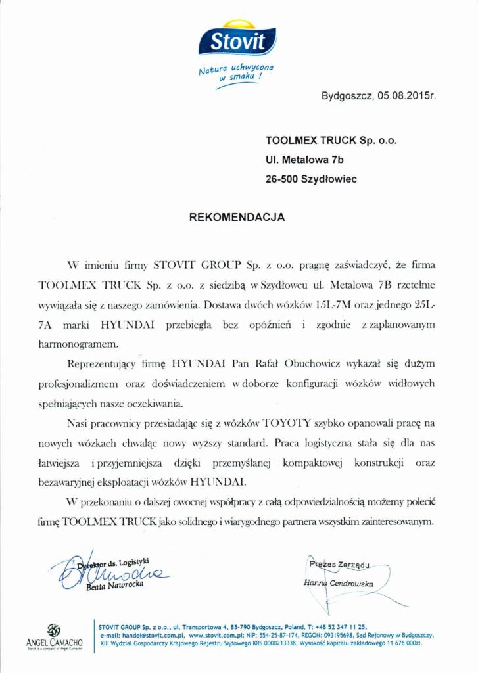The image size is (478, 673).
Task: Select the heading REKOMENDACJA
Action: click(x=237, y=216)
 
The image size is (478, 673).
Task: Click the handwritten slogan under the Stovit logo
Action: click(x=236, y=74)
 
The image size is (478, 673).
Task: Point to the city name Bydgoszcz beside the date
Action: click(x=347, y=95)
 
